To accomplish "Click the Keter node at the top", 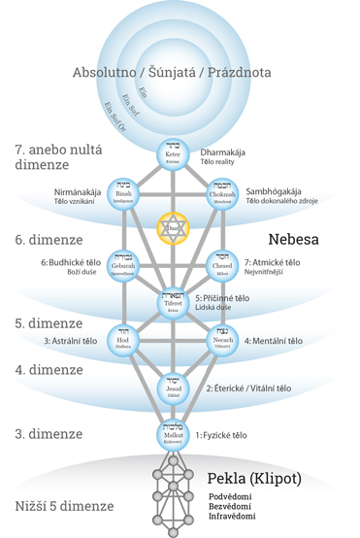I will tap(172, 154).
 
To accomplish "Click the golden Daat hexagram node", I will tap(172, 227).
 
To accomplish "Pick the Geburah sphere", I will tap(123, 263).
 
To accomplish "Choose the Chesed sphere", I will tap(221, 263).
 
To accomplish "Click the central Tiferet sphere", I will tap(172, 302).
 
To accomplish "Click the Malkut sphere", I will tap(172, 432).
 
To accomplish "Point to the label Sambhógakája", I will tap(284, 193).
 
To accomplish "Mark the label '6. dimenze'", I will tap(45, 240).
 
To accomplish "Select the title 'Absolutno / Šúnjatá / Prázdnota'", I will tap(173, 74).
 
